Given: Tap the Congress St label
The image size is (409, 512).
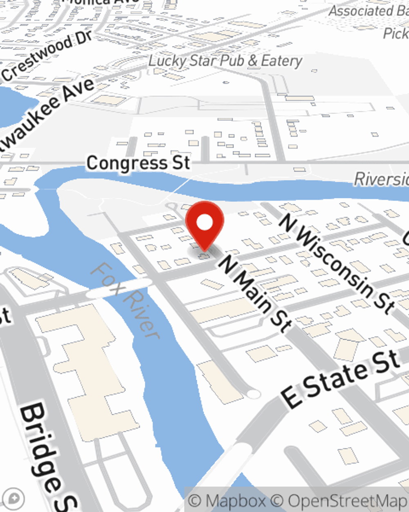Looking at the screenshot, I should coord(138,163).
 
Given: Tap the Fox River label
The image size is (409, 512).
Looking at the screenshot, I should coord(125,301).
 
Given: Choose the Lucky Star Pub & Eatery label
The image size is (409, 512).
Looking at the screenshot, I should coord(225,61).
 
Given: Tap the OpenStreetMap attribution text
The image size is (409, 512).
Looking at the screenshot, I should coord(348,501).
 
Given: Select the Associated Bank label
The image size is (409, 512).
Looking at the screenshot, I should coord(368,11).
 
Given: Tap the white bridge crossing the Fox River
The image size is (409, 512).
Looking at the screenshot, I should coord(119,288).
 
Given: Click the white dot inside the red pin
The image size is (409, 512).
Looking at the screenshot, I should coord(204,223).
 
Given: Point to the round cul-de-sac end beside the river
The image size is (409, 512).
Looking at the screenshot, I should coord(254,394).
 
